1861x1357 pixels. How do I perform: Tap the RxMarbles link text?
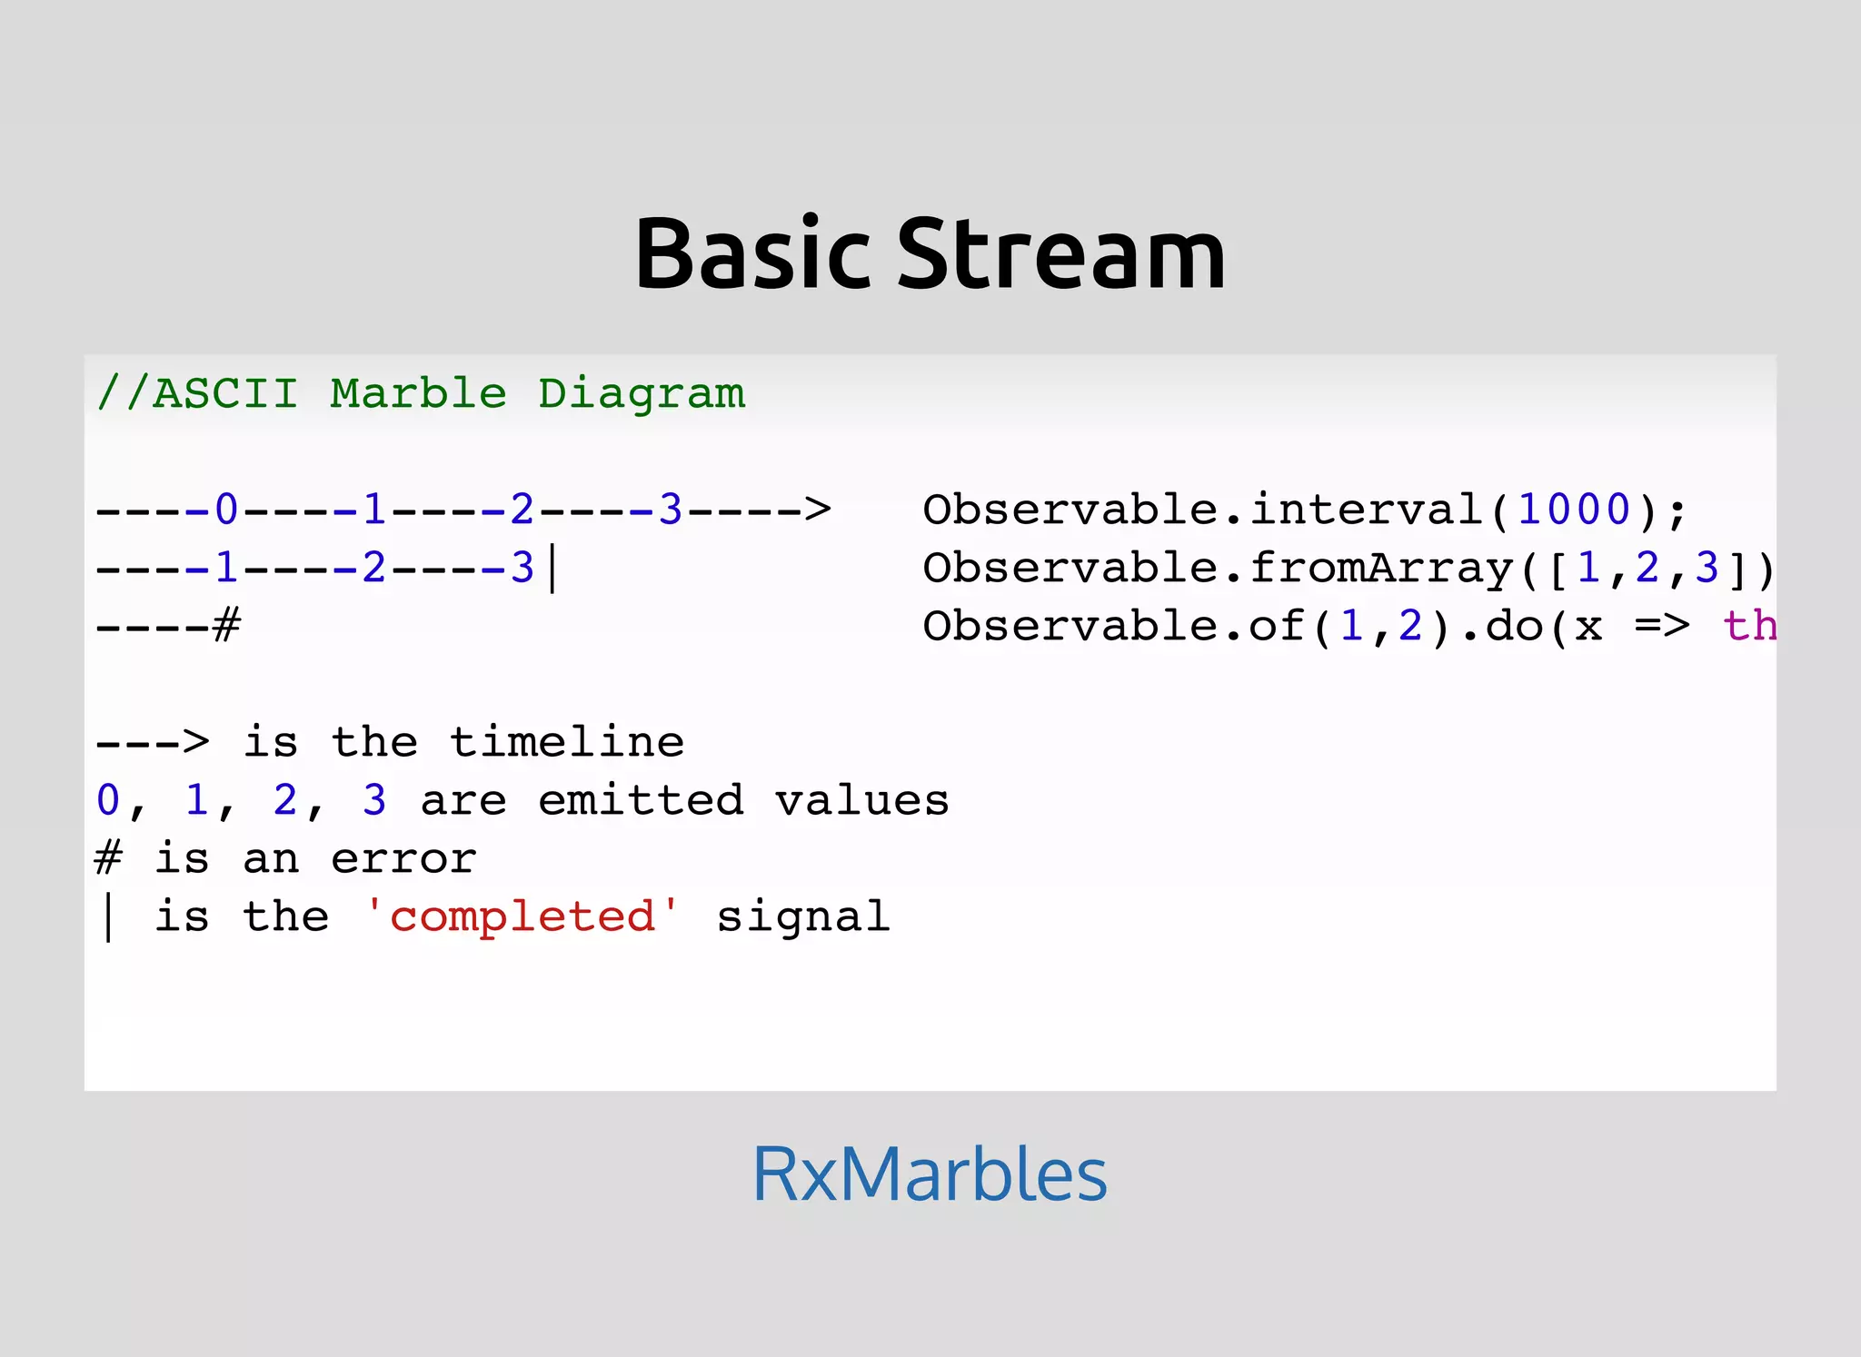coord(930,1174)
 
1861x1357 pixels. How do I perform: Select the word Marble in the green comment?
coord(418,393)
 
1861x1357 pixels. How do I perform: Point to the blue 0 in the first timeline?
coord(226,510)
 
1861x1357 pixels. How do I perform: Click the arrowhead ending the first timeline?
coord(818,510)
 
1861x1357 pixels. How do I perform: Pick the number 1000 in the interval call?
coord(1574,510)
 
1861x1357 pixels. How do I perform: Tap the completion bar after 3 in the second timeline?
coord(553,569)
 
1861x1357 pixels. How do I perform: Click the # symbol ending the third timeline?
coord(227,626)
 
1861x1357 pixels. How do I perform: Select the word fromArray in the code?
coord(1381,569)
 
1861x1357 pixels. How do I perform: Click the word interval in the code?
coord(1367,510)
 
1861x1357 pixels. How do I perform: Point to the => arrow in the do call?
coord(1662,626)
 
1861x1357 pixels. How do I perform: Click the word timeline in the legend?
coord(567,742)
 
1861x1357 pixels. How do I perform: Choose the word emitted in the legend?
coord(641,800)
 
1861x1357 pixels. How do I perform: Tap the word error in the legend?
coord(403,858)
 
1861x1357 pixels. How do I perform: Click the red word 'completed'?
coord(522,916)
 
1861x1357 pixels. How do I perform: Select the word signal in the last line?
coord(803,917)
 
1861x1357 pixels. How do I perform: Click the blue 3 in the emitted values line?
coord(374,800)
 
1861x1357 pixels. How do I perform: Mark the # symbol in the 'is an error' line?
coord(109,858)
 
